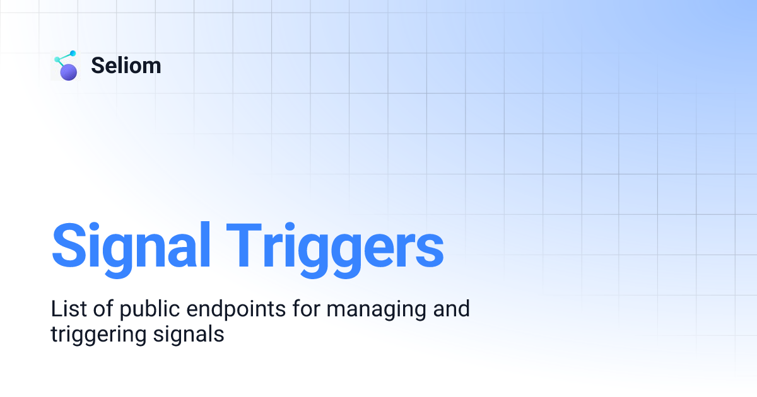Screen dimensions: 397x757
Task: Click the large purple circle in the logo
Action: point(69,72)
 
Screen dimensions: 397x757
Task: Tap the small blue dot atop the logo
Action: point(73,54)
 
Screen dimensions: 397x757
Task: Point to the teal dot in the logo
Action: point(57,60)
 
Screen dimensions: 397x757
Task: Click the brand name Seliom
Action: point(126,66)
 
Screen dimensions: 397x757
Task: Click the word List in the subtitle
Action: point(67,309)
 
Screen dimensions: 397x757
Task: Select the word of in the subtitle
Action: point(101,309)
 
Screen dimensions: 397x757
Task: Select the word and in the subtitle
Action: point(452,309)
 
